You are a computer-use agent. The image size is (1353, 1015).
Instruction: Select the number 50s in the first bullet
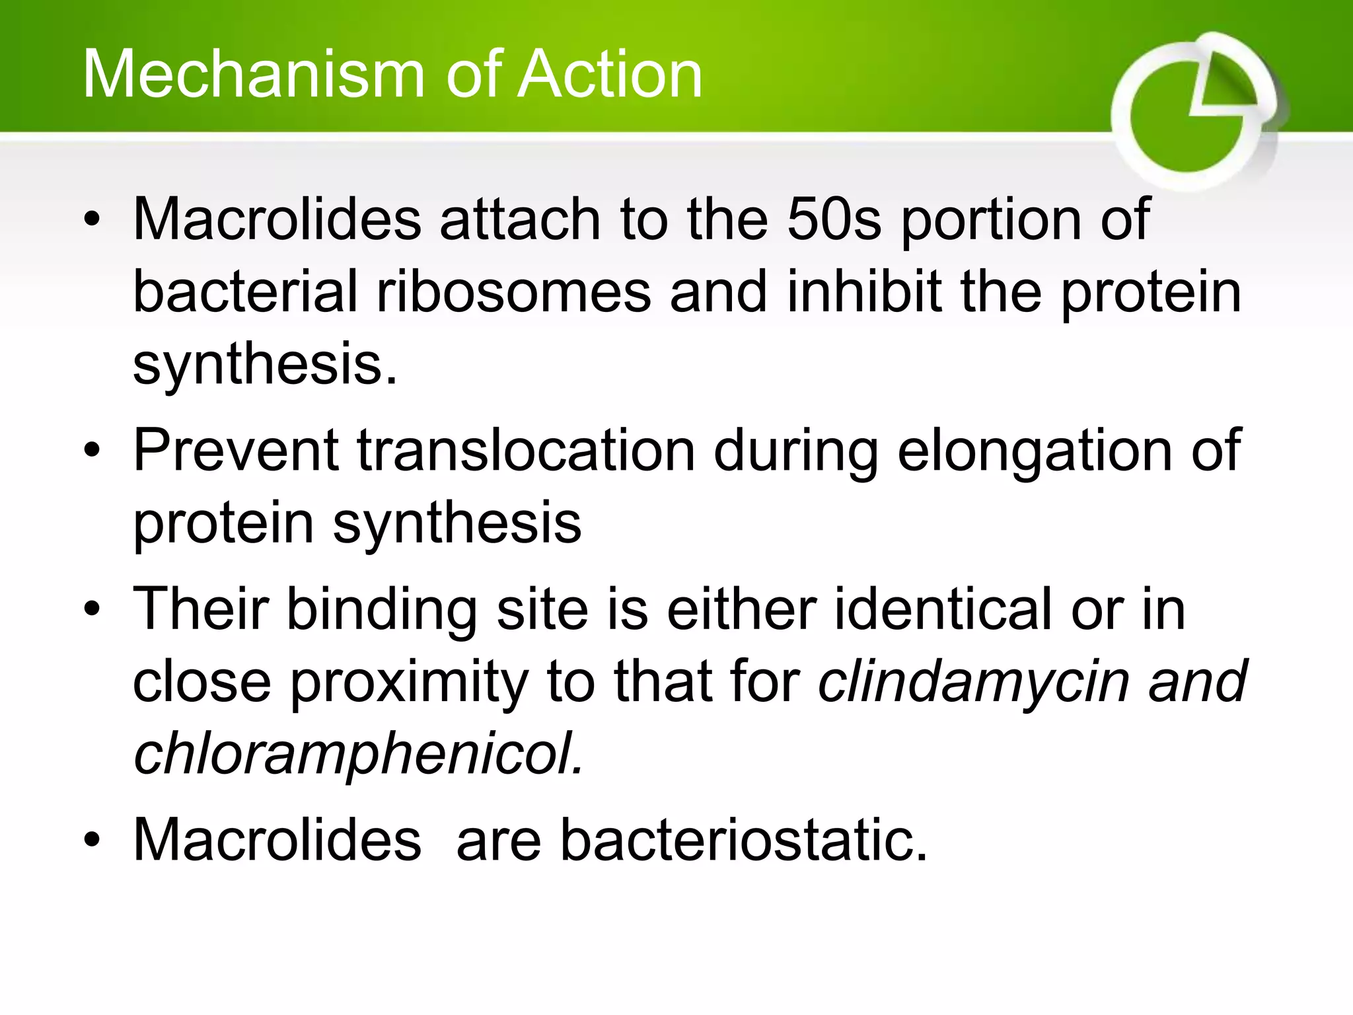tap(834, 219)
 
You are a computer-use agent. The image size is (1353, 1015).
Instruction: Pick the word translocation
tap(526, 451)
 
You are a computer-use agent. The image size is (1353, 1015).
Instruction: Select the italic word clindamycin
tap(974, 682)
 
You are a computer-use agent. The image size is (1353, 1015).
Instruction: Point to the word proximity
tap(410, 682)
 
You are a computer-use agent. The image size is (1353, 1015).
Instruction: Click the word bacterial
tap(245, 292)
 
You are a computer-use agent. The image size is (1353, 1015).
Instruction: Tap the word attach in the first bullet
tap(519, 219)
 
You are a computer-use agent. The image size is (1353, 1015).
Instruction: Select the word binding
tap(382, 609)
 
